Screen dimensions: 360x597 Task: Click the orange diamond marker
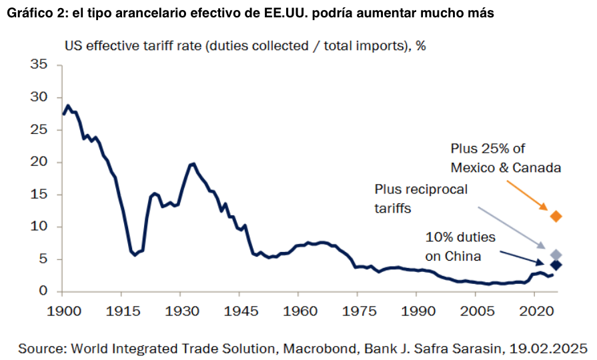point(556,216)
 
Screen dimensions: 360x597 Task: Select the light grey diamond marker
point(556,255)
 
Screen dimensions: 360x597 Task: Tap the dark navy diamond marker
point(556,265)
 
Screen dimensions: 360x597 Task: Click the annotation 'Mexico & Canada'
point(506,167)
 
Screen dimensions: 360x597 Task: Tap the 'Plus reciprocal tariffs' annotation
point(421,199)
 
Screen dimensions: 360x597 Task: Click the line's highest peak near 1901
point(68,105)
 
